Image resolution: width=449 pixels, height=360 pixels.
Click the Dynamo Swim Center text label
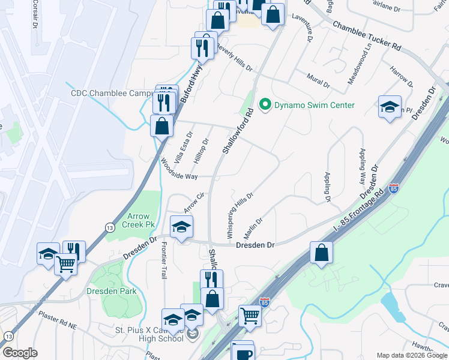pos(315,106)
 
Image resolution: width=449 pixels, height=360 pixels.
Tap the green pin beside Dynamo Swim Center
pos(265,106)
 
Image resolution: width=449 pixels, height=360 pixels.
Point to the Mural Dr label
pos(318,82)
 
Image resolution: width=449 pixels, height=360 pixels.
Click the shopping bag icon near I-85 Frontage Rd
pos(322,252)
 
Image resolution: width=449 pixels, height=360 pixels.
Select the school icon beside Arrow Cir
pos(181,227)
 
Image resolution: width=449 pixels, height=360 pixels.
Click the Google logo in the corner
pos(20,353)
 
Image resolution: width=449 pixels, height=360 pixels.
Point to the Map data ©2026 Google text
pos(412,355)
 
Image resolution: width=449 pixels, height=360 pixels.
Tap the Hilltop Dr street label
pos(202,150)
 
